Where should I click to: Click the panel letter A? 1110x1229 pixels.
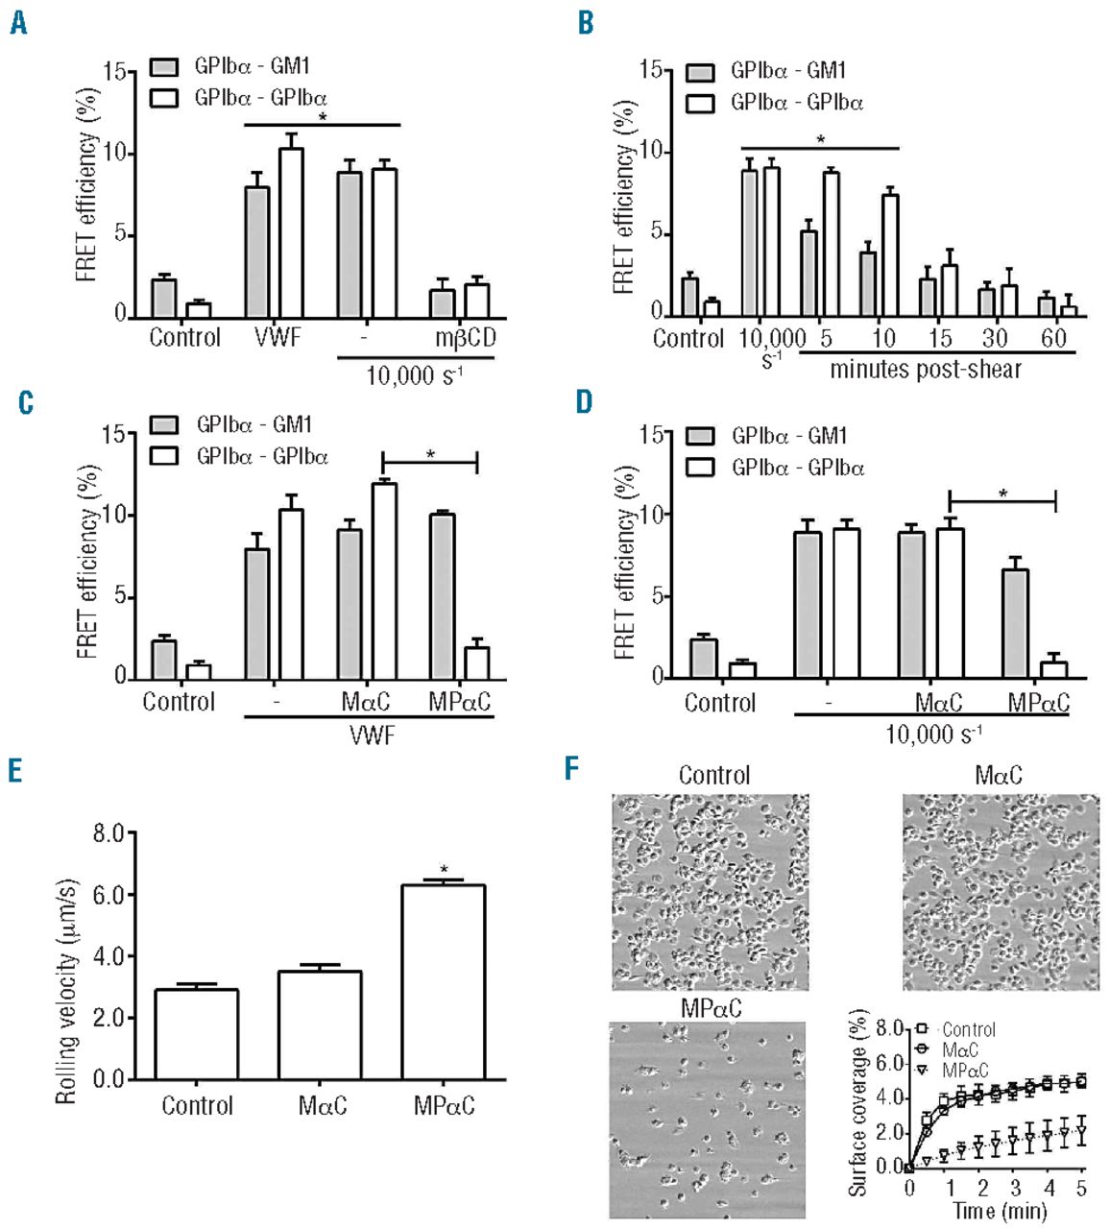(x=18, y=22)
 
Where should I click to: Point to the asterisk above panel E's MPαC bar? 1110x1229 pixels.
(x=444, y=870)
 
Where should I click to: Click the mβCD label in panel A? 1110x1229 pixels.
(x=466, y=338)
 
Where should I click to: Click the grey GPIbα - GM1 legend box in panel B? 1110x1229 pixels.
(x=702, y=72)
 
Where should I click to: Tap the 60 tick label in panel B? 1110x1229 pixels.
(x=1053, y=338)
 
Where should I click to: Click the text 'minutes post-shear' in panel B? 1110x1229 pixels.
(x=926, y=370)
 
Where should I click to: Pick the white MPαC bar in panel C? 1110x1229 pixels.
(x=477, y=663)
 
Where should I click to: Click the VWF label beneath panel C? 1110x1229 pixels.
(x=372, y=735)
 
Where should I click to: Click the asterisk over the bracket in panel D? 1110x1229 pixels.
(x=1003, y=494)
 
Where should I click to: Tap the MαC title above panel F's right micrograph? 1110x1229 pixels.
(x=998, y=775)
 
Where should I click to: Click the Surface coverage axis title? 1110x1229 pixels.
(x=857, y=1101)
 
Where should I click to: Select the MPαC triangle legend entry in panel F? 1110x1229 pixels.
(x=922, y=1070)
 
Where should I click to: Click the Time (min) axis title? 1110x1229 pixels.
(x=999, y=1212)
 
